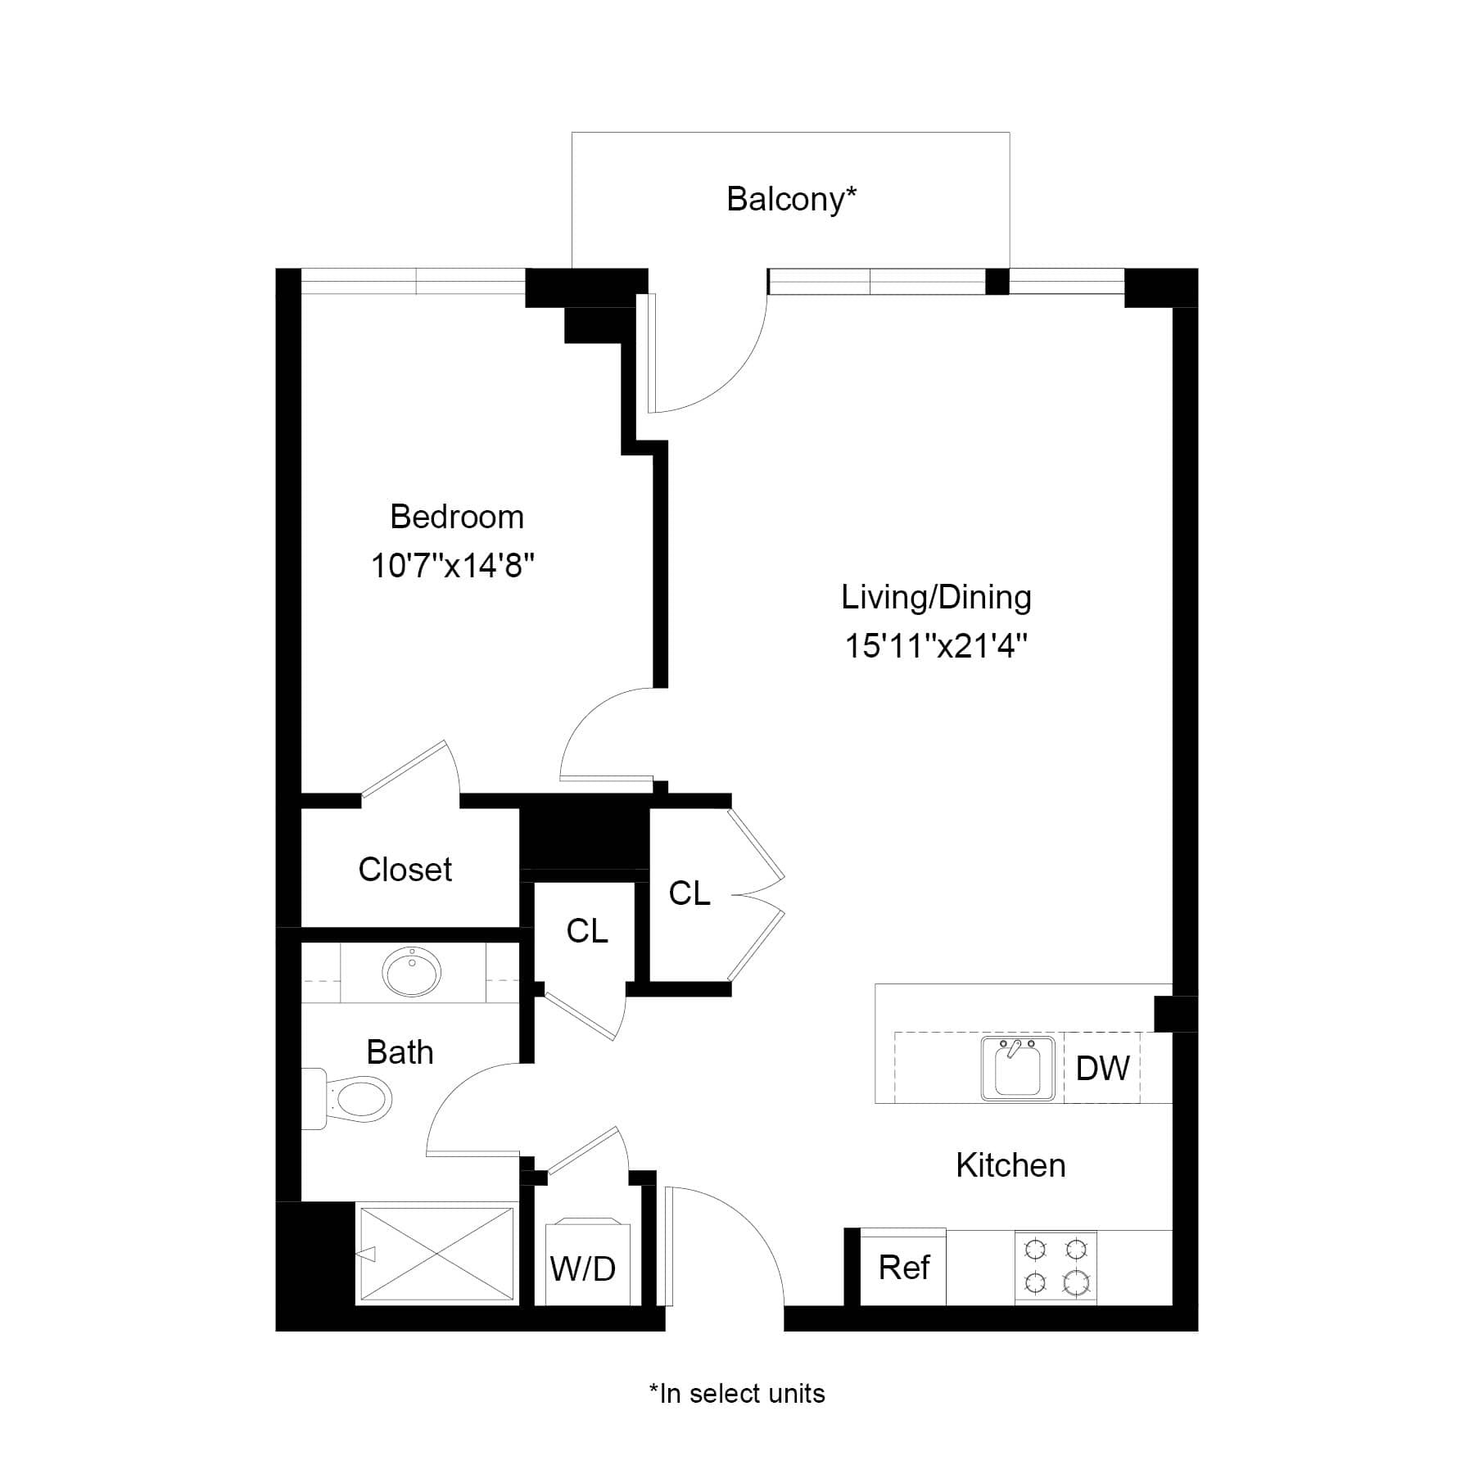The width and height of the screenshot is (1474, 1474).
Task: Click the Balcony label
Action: [791, 199]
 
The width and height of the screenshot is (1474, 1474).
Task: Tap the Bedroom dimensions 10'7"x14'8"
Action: [453, 566]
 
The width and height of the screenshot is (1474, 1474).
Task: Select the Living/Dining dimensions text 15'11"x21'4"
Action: [936, 647]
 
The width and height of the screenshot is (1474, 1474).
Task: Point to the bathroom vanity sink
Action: [411, 972]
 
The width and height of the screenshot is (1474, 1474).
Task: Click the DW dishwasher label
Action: [1102, 1068]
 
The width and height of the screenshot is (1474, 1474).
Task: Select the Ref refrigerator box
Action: [903, 1268]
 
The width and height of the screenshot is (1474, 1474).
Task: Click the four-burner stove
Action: [1056, 1266]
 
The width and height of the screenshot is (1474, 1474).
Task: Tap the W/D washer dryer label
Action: [583, 1269]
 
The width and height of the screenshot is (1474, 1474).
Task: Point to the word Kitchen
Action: [1011, 1165]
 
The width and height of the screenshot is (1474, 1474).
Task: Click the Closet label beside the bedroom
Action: [405, 870]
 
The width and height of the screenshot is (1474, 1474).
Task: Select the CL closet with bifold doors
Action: [689, 893]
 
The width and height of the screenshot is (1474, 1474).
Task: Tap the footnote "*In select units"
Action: [737, 1394]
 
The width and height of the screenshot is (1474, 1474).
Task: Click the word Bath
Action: [400, 1052]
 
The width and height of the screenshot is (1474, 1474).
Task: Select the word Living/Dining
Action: [936, 597]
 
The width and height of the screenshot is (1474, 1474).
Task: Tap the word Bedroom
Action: [457, 517]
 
